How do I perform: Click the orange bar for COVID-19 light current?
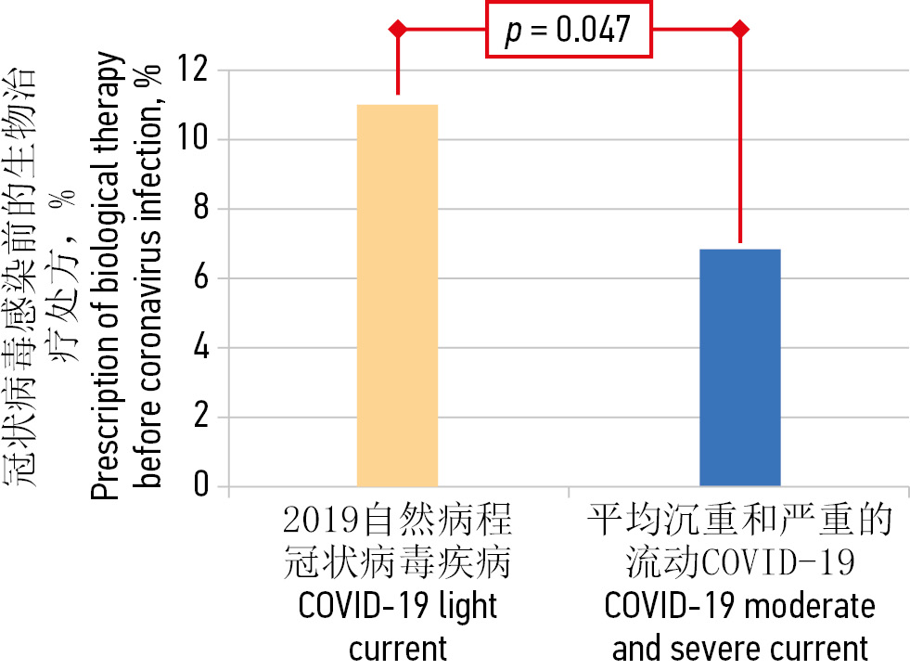click(397, 295)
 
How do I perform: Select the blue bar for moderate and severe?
click(739, 367)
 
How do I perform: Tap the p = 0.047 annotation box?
click(570, 30)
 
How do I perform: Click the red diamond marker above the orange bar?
click(398, 29)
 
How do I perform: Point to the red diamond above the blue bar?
click(739, 29)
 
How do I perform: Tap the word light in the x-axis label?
click(466, 607)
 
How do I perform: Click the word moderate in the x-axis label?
click(810, 607)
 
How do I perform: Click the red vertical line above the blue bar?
click(739, 139)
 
